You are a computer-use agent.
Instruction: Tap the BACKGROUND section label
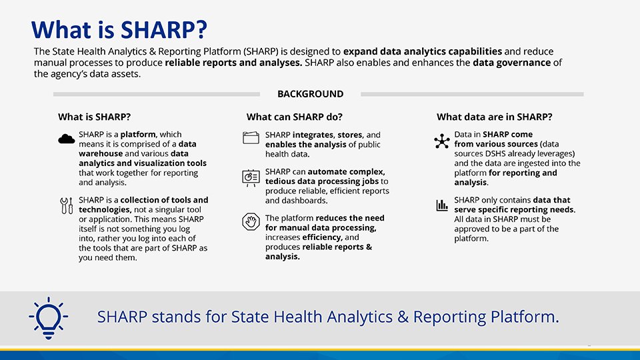click(310, 94)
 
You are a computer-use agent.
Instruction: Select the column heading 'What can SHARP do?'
click(294, 117)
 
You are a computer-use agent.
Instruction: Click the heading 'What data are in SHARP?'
click(494, 117)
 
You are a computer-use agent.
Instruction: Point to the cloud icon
click(66, 139)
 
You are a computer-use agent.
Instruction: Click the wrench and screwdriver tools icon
click(66, 205)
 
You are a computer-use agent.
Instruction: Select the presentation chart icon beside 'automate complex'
click(251, 177)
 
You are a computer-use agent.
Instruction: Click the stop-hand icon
click(251, 222)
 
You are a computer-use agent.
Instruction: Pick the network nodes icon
click(441, 141)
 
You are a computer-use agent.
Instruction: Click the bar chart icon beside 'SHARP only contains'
click(441, 205)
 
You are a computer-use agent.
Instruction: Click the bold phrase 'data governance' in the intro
click(512, 63)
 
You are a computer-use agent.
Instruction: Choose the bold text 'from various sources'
click(495, 144)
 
